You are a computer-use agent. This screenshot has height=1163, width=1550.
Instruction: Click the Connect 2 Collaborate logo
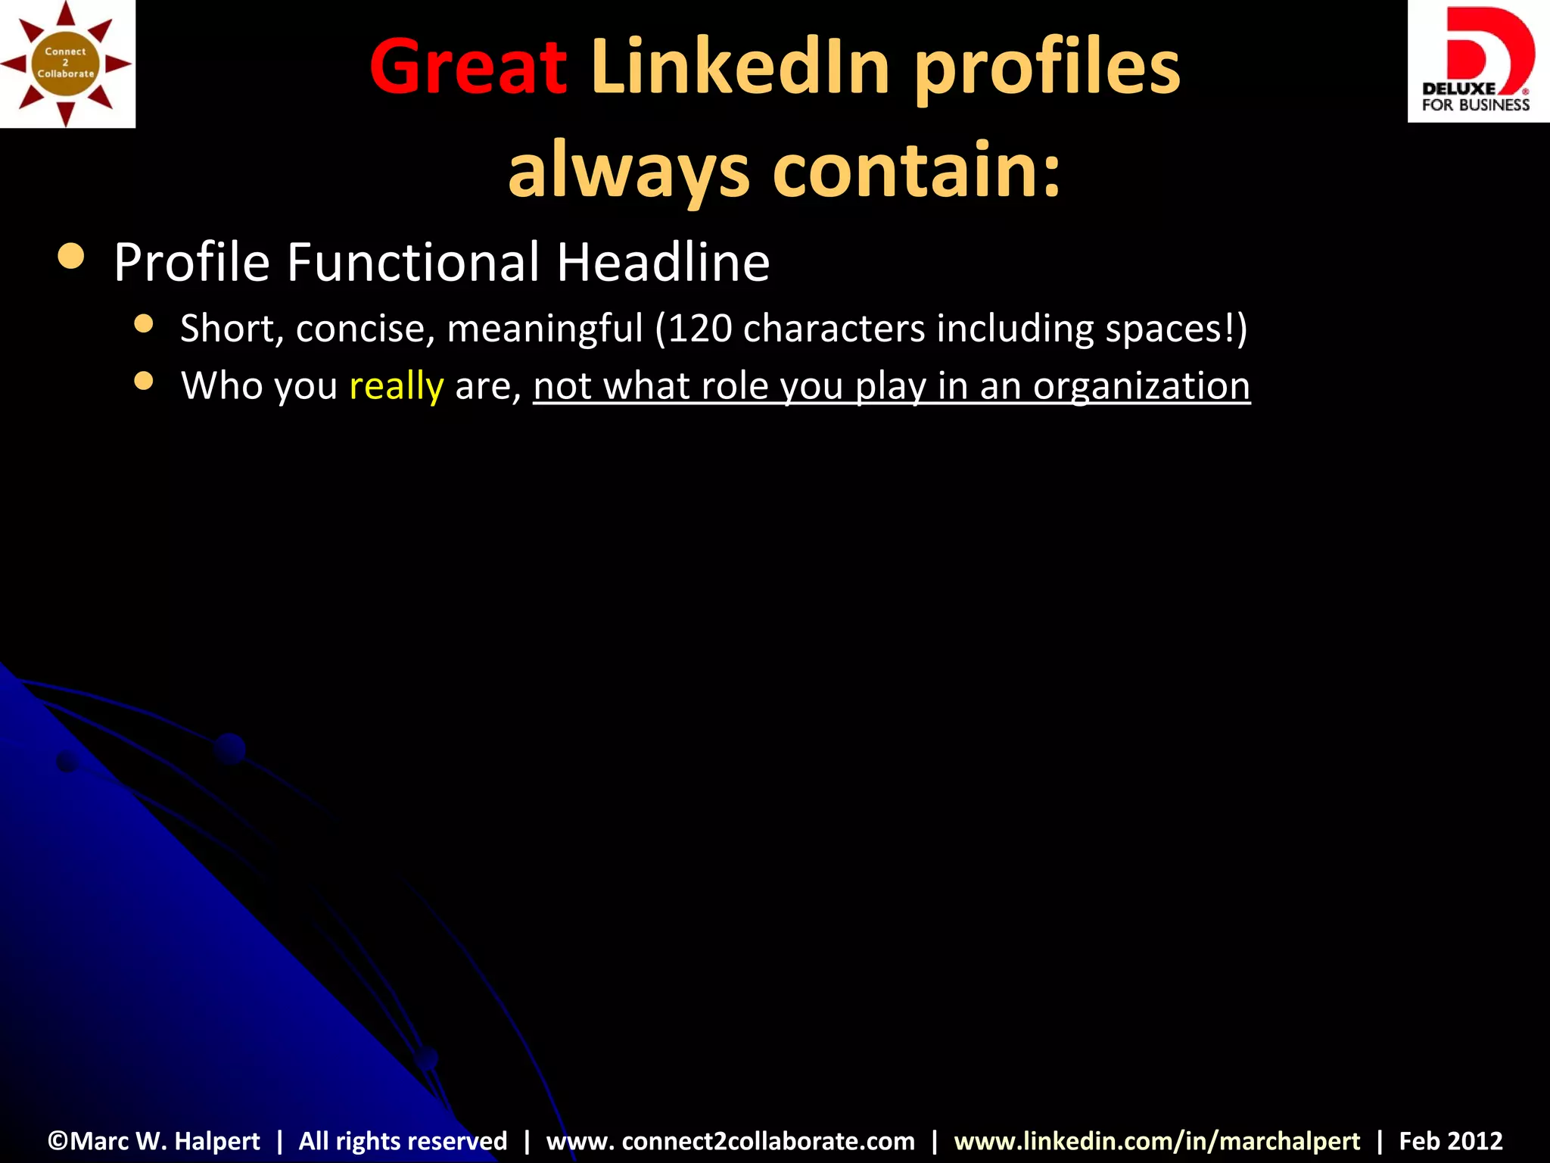67,64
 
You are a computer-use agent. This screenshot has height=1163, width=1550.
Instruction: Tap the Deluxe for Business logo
1477,61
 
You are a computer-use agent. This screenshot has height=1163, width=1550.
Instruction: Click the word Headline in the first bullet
663,262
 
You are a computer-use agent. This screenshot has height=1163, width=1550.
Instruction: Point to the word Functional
413,262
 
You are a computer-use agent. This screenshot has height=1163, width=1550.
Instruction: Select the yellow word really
396,386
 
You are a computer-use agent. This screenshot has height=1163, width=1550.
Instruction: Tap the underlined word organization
1141,386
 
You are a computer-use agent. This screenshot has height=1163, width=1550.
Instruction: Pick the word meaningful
545,329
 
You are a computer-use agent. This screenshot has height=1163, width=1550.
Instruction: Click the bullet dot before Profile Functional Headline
71,257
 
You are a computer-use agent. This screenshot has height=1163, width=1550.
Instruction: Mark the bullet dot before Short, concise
144,324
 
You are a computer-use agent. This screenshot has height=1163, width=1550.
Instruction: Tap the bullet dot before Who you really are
144,381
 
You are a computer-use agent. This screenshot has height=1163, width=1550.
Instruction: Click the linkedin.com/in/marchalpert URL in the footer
1156,1140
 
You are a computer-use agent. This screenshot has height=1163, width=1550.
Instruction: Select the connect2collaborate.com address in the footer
730,1140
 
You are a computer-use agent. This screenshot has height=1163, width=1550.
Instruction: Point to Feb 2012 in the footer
1450,1140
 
